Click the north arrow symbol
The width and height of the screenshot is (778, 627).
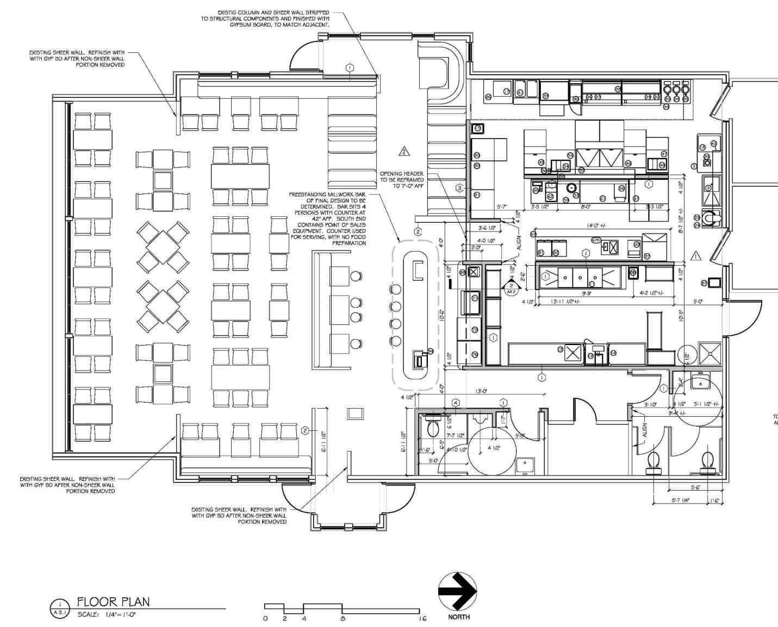457,591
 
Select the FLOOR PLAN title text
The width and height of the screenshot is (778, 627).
113,601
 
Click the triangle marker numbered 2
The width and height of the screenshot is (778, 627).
403,151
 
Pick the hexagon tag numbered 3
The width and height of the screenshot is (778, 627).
459,188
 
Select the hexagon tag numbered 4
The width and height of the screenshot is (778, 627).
456,403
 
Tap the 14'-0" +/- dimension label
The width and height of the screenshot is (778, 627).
596,225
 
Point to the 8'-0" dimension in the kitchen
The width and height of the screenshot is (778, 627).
586,207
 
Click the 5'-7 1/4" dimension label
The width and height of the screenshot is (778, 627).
680,500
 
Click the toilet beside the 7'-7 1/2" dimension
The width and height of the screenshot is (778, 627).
433,428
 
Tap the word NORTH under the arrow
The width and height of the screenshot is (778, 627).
459,617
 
